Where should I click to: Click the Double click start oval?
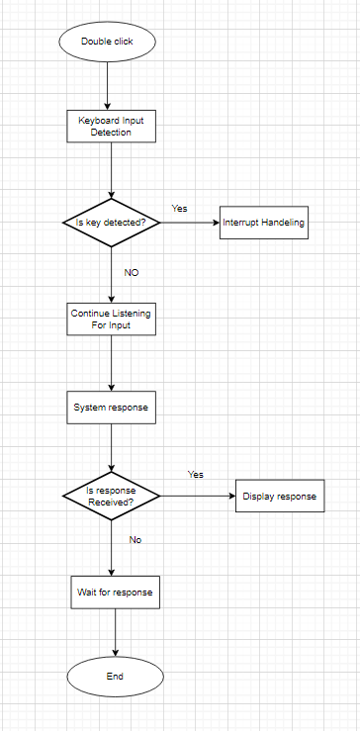[x=108, y=43]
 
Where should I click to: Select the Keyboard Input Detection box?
[x=112, y=126]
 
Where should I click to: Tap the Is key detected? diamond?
[x=112, y=223]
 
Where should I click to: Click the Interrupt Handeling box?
[x=264, y=223]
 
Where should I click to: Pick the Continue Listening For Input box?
[x=112, y=319]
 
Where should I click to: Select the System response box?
[x=112, y=407]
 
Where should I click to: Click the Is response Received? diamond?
[x=112, y=495]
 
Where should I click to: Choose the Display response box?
[x=279, y=496]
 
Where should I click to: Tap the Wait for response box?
[x=114, y=592]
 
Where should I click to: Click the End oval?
[x=115, y=677]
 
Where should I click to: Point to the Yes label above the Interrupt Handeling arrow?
[x=179, y=209]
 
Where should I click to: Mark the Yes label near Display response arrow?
[x=196, y=475]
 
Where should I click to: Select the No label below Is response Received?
[x=135, y=540]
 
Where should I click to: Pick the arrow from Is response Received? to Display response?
[x=198, y=496]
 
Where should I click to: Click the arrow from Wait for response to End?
[x=116, y=632]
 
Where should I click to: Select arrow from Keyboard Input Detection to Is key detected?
[x=112, y=170]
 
